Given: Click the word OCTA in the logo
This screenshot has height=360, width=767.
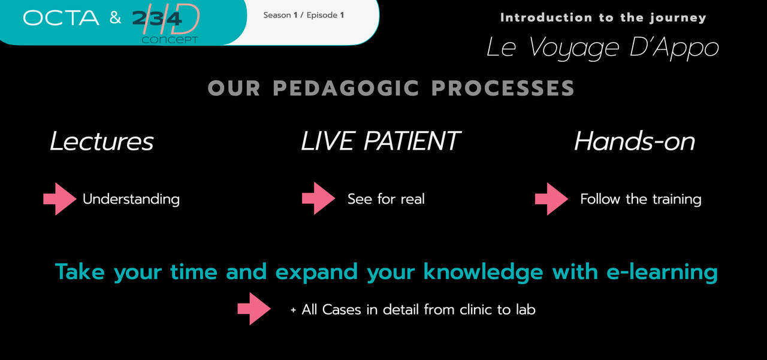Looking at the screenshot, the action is pyautogui.click(x=61, y=18).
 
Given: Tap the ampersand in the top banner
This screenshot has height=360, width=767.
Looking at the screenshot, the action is pyautogui.click(x=116, y=17).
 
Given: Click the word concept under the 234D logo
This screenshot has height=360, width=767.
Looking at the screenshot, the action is pyautogui.click(x=170, y=40).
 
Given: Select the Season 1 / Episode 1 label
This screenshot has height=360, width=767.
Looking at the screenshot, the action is pyautogui.click(x=304, y=15).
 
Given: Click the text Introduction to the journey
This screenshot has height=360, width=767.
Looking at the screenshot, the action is pyautogui.click(x=603, y=17).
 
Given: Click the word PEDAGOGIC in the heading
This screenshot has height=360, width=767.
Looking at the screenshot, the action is pyautogui.click(x=346, y=88).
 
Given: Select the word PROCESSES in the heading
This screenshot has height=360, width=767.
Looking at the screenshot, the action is pyautogui.click(x=503, y=88).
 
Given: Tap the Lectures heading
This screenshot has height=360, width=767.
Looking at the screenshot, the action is pyautogui.click(x=102, y=141).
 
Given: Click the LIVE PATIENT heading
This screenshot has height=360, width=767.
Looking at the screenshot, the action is pyautogui.click(x=381, y=141).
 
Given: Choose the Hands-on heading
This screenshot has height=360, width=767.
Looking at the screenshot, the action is pyautogui.click(x=635, y=141).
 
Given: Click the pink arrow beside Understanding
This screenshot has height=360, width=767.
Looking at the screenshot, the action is pyautogui.click(x=60, y=199).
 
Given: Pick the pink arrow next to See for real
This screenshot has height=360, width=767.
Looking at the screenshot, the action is pyautogui.click(x=318, y=198).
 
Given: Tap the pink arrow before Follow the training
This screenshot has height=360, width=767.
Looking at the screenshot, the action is pyautogui.click(x=552, y=199).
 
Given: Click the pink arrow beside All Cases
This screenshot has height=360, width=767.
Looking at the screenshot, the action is pyautogui.click(x=254, y=308).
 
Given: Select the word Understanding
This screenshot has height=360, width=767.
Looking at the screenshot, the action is pyautogui.click(x=131, y=199).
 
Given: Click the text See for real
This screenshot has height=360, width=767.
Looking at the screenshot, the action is pyautogui.click(x=386, y=199).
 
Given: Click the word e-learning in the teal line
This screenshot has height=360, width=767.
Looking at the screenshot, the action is pyautogui.click(x=662, y=273).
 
